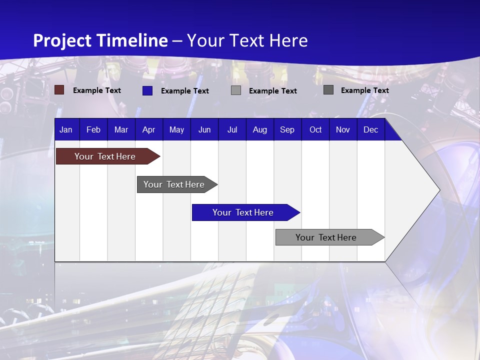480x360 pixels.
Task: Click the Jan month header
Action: [66, 129]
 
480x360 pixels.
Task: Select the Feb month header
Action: [93, 129]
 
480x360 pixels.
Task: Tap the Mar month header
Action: [121, 129]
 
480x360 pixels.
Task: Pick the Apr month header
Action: [148, 129]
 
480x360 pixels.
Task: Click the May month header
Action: [176, 129]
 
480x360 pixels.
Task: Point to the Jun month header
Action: [204, 129]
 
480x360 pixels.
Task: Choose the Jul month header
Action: [232, 129]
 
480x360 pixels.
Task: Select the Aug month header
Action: [260, 129]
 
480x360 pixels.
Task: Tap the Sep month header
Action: [287, 129]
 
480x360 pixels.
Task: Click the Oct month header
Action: [315, 129]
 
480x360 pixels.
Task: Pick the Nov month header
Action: [343, 129]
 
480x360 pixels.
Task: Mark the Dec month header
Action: [371, 129]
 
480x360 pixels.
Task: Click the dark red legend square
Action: [59, 90]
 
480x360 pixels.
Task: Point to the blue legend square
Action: [147, 90]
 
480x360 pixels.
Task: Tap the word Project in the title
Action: [62, 40]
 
